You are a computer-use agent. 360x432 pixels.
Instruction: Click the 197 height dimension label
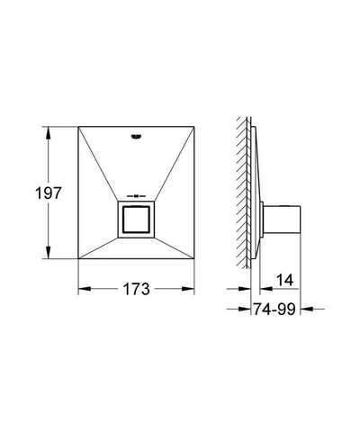pos(49,193)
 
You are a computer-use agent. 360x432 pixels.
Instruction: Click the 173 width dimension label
pos(136,289)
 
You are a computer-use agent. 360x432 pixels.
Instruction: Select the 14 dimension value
pos(284,280)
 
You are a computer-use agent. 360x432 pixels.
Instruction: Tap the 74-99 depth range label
pos(274,309)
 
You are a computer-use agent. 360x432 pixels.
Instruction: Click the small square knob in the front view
pos(136,220)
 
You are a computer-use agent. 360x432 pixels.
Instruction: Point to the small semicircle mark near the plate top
pos(136,137)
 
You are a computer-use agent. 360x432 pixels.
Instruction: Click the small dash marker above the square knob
pos(136,196)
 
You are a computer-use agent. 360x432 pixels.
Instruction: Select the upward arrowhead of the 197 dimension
pos(48,133)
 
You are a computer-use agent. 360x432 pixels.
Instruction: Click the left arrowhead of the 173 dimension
pos(85,289)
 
